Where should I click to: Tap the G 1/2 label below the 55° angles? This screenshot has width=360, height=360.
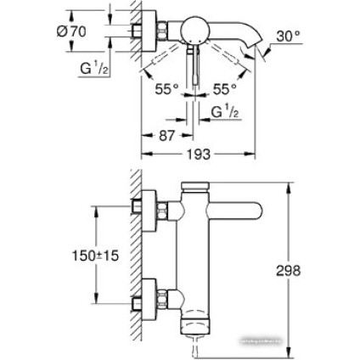point(223,111)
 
